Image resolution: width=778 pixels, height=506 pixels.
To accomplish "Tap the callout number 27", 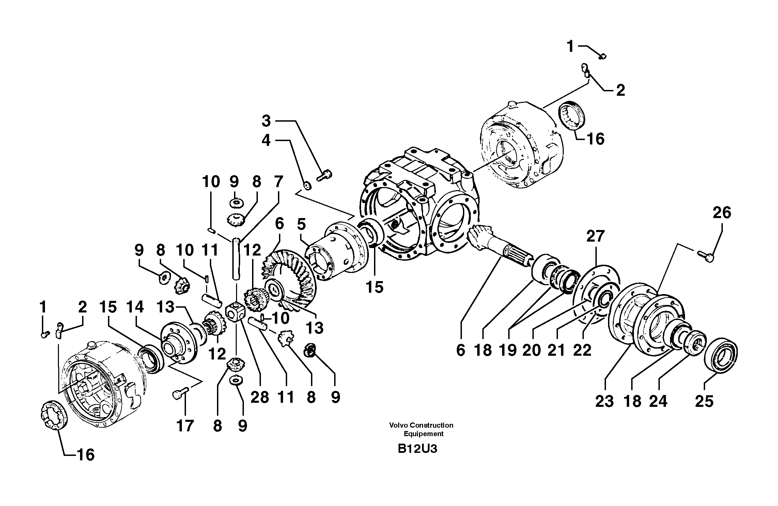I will [x=595, y=236].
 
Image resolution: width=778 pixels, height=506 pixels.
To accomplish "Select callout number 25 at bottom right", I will [x=704, y=401].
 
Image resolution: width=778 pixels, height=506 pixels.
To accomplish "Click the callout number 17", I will [x=185, y=426].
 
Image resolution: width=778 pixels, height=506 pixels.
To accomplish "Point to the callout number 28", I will [x=260, y=397].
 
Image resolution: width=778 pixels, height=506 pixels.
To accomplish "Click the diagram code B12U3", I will [x=417, y=449].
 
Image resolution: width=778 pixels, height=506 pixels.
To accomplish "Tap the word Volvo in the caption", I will [x=398, y=425].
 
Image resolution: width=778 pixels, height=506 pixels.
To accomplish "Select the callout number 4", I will [x=266, y=140].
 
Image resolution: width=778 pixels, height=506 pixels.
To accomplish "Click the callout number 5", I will [x=301, y=225].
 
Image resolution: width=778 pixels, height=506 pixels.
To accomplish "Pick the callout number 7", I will [x=278, y=182].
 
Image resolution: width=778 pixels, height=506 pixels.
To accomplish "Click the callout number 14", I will [x=135, y=307].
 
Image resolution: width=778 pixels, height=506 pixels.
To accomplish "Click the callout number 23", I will [x=604, y=401].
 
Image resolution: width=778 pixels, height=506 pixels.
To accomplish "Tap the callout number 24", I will [x=658, y=401].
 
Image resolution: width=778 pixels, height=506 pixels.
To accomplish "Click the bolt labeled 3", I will [x=325, y=176].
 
